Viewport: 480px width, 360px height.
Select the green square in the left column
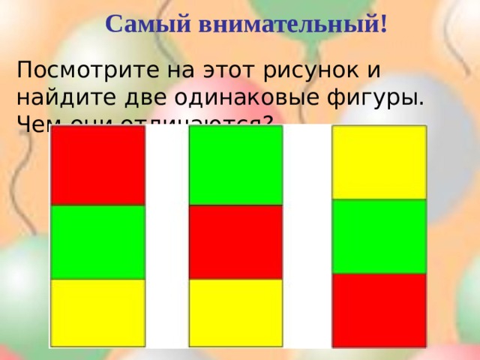click(97, 241)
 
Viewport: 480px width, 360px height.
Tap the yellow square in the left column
click(97, 312)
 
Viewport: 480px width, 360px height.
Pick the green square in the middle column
click(235, 165)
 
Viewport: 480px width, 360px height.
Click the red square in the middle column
click(235, 241)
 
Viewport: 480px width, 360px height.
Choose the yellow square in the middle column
click(235, 312)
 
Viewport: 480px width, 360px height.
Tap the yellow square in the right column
click(379, 162)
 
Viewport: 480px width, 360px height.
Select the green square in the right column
click(379, 236)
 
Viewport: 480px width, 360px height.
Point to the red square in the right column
click(379, 310)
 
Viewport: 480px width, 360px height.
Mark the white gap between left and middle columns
click(166, 240)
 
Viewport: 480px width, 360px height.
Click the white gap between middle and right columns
click(307, 240)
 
